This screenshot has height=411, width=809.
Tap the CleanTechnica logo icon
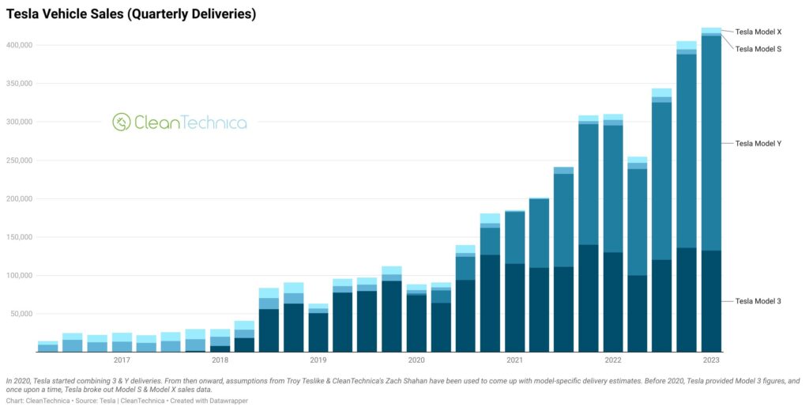122,122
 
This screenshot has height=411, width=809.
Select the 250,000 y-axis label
18,160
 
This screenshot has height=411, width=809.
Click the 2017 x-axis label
122,360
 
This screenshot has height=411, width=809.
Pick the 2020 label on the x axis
416,360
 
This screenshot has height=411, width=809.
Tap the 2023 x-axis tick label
711,360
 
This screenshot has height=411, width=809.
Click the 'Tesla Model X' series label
758,32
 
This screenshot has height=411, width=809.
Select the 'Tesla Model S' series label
758,49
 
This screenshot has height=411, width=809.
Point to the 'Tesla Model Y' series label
758,144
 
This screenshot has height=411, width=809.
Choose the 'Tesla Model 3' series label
758,301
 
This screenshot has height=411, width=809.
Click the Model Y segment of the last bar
711,142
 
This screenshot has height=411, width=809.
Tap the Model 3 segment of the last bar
711,301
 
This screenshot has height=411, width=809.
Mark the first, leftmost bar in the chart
48,347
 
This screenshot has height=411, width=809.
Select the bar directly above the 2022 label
613,237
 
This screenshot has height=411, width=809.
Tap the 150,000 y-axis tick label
18,237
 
